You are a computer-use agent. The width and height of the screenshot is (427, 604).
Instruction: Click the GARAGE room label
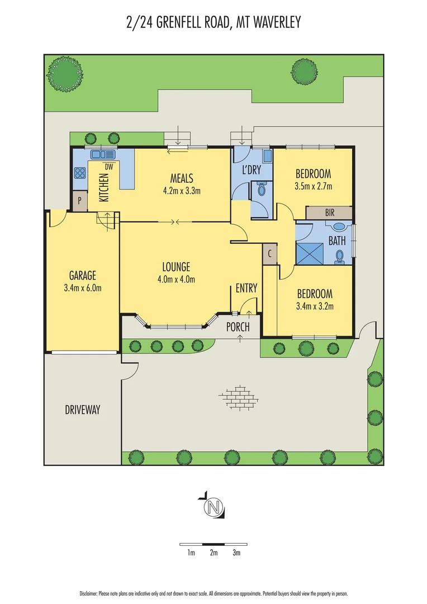click(x=83, y=275)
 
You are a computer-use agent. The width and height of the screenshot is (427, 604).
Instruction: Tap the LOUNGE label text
click(x=177, y=267)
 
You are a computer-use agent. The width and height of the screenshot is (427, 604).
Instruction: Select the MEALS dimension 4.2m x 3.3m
click(x=182, y=191)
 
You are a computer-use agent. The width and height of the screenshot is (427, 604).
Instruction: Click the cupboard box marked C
click(x=269, y=253)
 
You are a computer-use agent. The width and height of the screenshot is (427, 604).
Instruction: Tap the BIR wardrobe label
click(x=329, y=213)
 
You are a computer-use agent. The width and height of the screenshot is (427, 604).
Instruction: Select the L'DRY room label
click(x=252, y=171)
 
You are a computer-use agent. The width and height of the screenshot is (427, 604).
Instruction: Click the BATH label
click(x=337, y=242)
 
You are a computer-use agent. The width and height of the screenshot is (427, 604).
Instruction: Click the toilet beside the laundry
click(x=261, y=191)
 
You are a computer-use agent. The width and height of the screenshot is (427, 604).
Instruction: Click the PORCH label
click(x=238, y=327)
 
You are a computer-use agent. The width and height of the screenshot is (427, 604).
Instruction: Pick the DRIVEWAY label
click(x=82, y=410)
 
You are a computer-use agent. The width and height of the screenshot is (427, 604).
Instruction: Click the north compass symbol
click(x=212, y=507)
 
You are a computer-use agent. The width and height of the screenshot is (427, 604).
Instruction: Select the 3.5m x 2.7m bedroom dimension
click(x=313, y=186)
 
